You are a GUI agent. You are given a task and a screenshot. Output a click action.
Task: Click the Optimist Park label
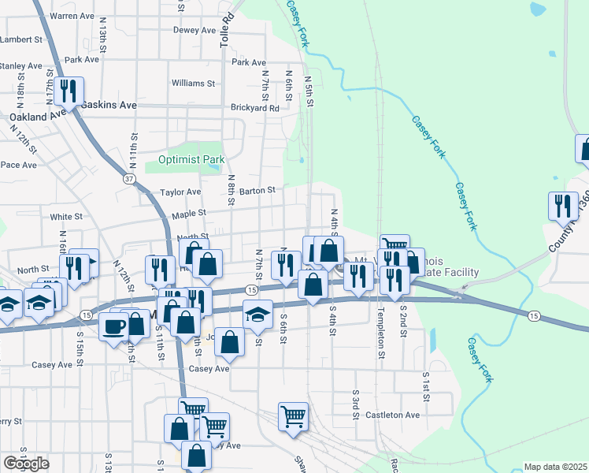coord(192,159)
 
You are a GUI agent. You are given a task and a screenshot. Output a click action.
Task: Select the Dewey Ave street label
coord(194,31)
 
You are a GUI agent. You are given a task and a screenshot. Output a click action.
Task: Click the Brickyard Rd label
coord(255,108)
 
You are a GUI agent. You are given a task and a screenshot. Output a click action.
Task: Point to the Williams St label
coord(193,83)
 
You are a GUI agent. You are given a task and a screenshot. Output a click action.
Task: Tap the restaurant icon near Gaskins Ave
coord(71,91)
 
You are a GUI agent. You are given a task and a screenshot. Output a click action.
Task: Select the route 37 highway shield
coord(129,179)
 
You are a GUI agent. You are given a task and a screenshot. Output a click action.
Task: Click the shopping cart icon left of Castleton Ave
coord(293,415)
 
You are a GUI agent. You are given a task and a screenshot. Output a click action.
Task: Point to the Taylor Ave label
coord(180,192)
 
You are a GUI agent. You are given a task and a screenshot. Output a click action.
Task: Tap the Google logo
coord(26,464)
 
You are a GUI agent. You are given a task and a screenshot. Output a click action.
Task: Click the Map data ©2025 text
coord(555,467)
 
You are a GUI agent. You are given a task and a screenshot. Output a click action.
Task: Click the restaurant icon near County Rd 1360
coord(562,206)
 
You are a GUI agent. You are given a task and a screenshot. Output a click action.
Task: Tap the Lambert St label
coord(20,39)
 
